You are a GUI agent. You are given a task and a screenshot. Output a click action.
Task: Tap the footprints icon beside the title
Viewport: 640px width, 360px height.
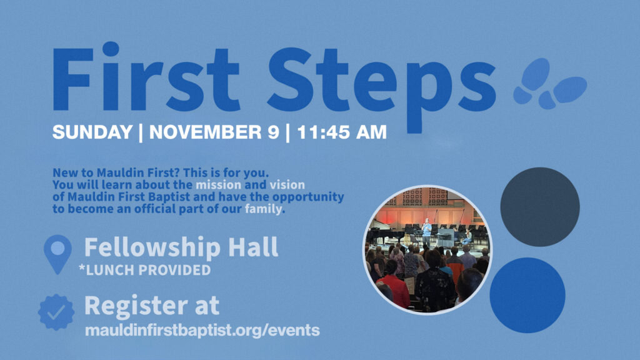tap(550, 84)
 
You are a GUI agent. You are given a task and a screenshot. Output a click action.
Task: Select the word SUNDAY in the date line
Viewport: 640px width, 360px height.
tap(92, 132)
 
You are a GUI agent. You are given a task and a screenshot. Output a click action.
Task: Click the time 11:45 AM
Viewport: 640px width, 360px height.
tap(342, 132)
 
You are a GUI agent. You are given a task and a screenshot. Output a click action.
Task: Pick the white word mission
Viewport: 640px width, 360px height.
tap(218, 185)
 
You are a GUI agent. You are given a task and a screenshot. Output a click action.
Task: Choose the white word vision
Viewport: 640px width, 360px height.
tap(287, 185)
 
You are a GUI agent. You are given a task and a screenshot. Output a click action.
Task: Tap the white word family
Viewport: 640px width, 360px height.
tap(263, 209)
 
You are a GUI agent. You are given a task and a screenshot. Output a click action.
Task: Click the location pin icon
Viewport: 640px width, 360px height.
tap(57, 253)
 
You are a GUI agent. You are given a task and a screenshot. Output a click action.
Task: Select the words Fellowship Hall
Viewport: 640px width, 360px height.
tap(181, 247)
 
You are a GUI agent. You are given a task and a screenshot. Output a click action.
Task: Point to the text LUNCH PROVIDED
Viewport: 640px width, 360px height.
tap(149, 270)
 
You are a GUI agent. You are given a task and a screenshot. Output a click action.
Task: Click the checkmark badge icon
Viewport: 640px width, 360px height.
tap(56, 312)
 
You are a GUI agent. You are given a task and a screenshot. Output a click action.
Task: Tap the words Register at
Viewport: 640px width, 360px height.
tap(152, 305)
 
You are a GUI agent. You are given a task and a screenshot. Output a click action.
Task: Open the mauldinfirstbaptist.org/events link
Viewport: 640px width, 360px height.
tap(202, 330)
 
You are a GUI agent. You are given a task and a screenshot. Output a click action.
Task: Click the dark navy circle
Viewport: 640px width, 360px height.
tap(540, 207)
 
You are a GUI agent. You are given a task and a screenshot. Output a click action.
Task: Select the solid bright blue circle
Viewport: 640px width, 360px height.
tap(527, 295)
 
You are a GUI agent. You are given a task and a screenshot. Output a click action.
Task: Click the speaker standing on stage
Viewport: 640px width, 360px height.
tap(426, 231)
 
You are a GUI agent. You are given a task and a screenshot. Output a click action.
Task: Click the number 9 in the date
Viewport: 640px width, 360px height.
tap(274, 132)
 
